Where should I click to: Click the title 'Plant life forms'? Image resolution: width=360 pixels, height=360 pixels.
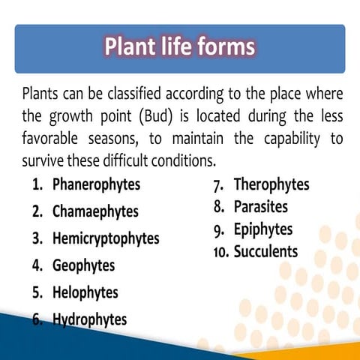click(x=179, y=48)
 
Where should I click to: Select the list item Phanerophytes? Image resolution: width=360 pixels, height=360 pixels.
click(x=96, y=184)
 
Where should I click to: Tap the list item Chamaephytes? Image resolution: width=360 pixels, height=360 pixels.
click(x=95, y=211)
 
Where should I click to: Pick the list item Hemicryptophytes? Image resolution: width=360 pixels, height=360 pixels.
click(x=106, y=238)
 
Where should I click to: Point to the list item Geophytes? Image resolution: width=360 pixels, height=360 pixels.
click(x=83, y=265)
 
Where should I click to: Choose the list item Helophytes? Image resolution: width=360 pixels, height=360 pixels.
click(x=85, y=292)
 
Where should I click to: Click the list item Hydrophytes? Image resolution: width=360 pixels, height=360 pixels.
click(x=89, y=319)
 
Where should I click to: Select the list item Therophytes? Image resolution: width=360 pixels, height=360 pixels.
click(x=271, y=184)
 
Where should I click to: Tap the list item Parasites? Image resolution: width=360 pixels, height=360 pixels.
click(x=260, y=206)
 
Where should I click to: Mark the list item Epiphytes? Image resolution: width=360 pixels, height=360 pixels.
click(x=263, y=229)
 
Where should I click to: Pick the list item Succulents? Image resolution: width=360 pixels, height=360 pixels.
click(x=265, y=251)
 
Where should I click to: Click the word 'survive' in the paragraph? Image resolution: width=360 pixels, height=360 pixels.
click(x=43, y=161)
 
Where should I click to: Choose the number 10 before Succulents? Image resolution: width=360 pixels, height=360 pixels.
click(x=220, y=252)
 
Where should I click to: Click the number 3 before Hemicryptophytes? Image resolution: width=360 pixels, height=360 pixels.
click(x=37, y=239)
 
